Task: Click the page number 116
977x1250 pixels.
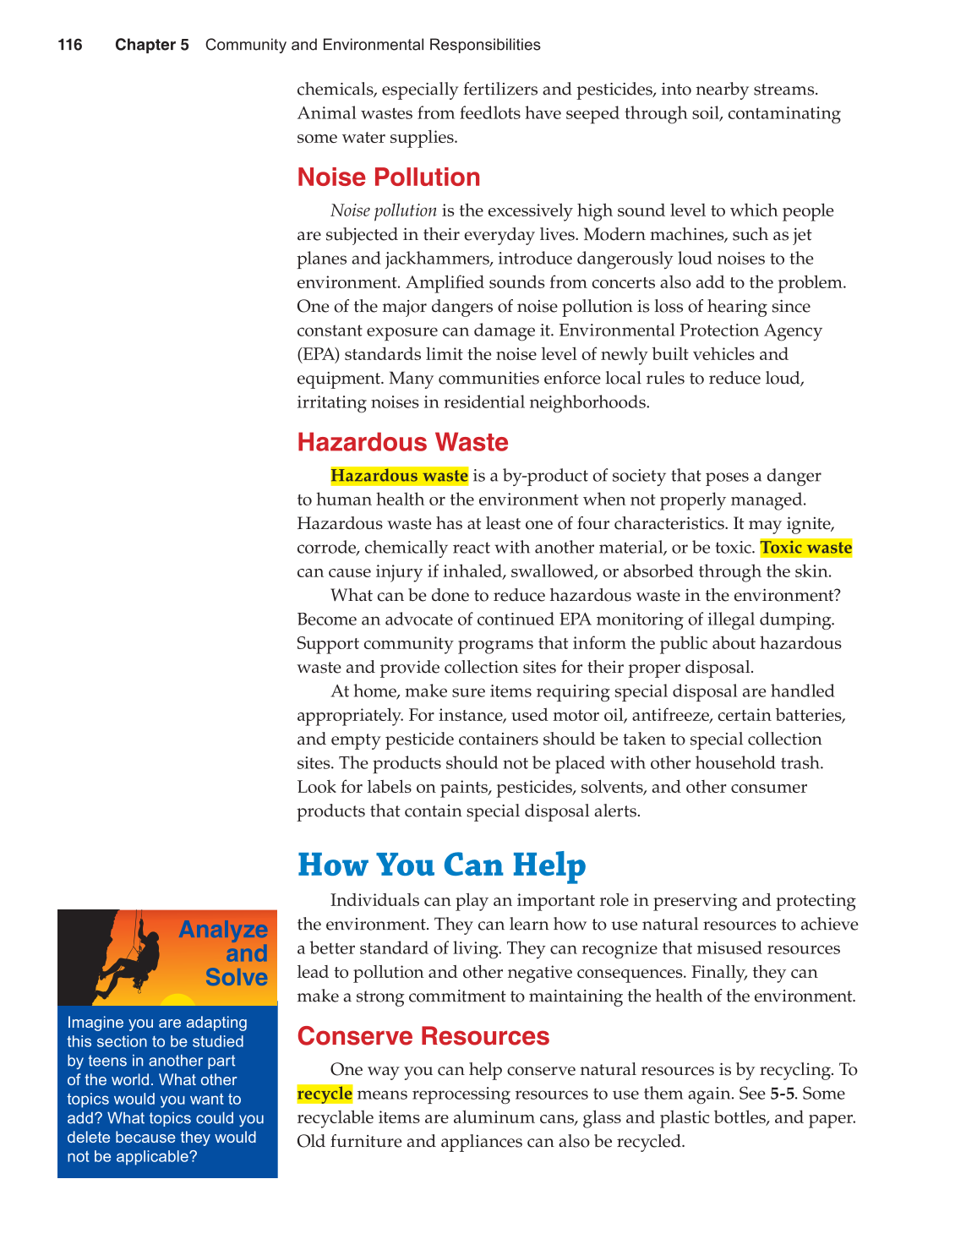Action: [x=70, y=45]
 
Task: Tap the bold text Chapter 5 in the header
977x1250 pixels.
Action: [x=152, y=45]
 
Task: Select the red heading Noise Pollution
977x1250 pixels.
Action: [x=389, y=177]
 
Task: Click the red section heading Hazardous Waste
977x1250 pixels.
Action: [x=402, y=443]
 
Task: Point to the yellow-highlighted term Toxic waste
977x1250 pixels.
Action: [x=806, y=548]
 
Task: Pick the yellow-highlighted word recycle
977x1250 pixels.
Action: [x=325, y=1094]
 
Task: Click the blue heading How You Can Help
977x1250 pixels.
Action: [x=441, y=865]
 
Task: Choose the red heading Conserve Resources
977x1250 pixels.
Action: [x=423, y=1036]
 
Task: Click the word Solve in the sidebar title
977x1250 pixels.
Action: [x=236, y=978]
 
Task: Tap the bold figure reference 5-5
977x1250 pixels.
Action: [x=782, y=1094]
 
